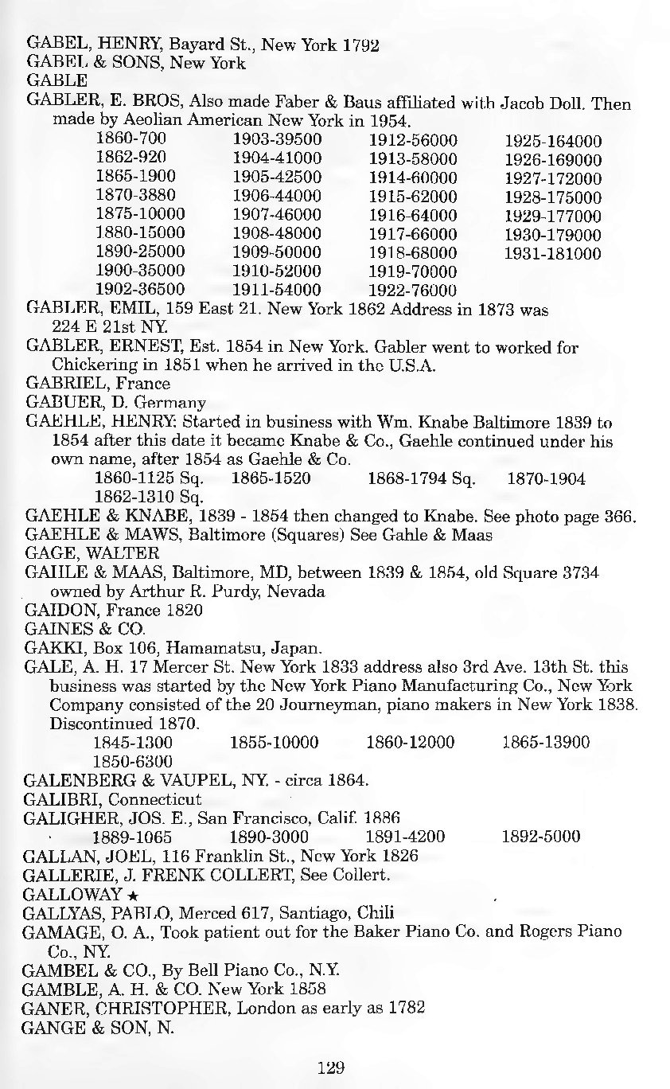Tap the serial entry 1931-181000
click(x=553, y=254)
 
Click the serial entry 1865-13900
click(x=546, y=743)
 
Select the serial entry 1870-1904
click(x=546, y=479)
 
